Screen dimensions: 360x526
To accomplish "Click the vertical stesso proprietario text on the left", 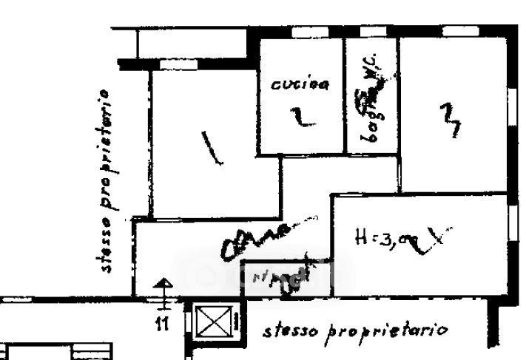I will click(108, 181).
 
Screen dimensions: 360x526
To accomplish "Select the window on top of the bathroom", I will click(370, 33).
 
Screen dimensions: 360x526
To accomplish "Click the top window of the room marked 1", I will click(173, 65).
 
